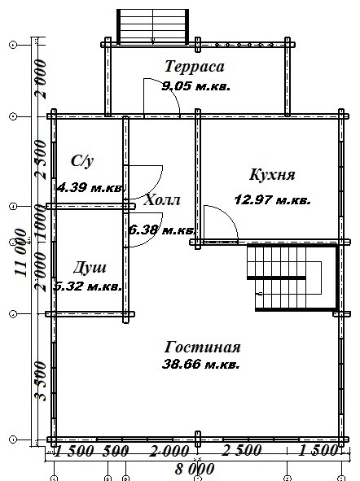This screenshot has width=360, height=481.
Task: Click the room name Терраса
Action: click(193, 66)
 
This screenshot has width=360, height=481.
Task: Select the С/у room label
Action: click(80, 160)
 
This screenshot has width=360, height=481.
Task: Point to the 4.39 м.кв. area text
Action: click(90, 187)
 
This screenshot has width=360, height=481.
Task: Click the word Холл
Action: click(161, 200)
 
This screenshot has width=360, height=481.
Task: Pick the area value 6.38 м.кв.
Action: click(161, 230)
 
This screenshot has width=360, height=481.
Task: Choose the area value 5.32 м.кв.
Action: click(88, 286)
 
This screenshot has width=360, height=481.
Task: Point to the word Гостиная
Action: click(201, 347)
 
